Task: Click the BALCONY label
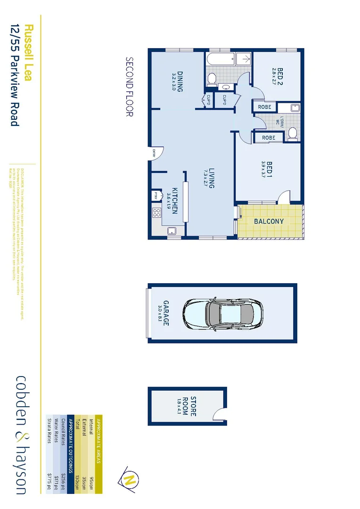point(269,221)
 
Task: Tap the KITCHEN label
point(174,201)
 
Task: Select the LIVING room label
point(212,179)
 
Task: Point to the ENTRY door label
point(154,154)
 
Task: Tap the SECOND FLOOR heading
point(130,87)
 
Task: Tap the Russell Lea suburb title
point(28,52)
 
